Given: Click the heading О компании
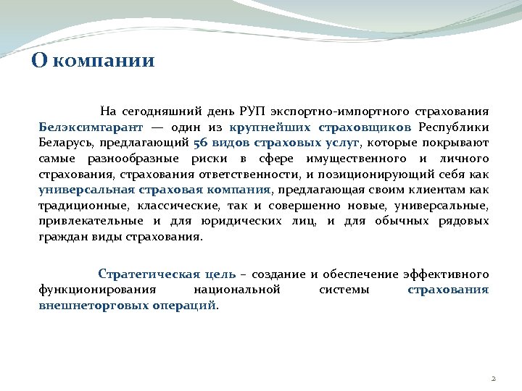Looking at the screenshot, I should click(x=93, y=59).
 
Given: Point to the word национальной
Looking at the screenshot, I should click(x=237, y=290).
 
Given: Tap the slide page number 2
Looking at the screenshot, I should click(x=493, y=379).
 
